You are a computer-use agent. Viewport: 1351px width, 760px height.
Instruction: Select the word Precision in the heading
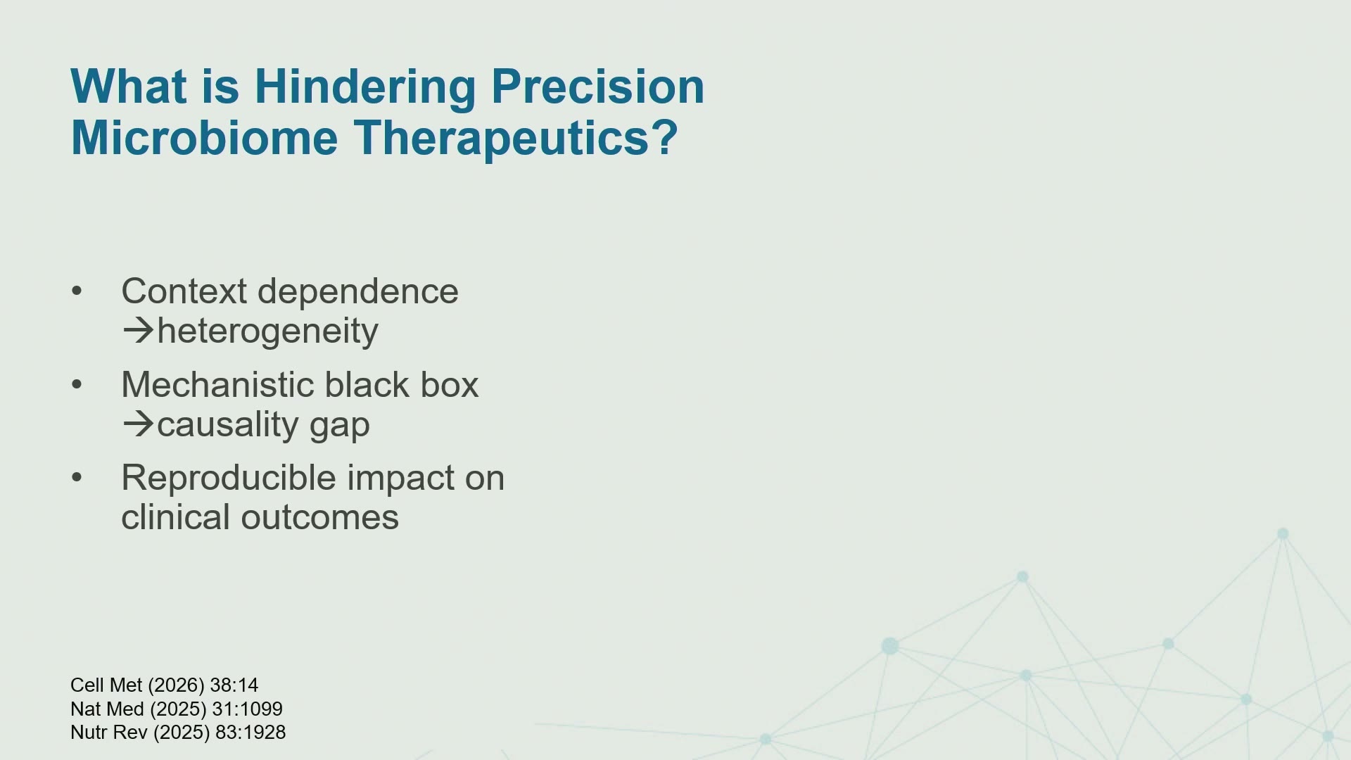pos(597,87)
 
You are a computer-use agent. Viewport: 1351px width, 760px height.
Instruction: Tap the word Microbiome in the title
pos(205,137)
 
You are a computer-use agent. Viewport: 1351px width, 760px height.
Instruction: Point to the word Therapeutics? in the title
pos(515,138)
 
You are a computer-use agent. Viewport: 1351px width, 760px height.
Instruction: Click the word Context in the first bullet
pos(184,291)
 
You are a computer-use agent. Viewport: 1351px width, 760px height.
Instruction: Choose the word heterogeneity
pos(267,331)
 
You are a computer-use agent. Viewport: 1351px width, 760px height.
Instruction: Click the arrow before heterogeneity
pos(138,331)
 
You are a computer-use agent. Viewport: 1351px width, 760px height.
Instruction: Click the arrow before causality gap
pos(138,424)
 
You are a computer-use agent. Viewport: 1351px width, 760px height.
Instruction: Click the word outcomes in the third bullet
pos(319,518)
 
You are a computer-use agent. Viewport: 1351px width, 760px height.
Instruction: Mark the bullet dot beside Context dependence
pos(77,291)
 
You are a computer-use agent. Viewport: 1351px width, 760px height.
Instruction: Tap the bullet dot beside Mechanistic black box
pos(77,385)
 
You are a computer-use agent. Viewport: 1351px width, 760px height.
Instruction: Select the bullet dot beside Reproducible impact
pos(77,478)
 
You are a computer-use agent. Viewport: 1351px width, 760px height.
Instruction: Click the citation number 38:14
pos(234,685)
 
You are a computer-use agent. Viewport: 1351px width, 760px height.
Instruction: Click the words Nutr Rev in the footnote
pos(109,733)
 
